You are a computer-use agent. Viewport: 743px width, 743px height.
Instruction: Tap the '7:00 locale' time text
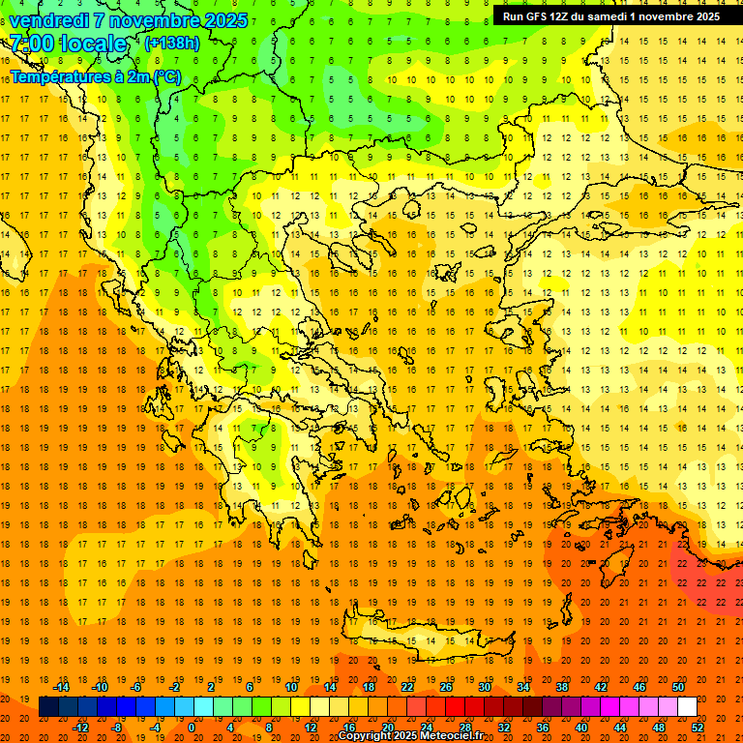(68, 44)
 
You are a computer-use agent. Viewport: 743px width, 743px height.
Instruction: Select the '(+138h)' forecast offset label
(171, 43)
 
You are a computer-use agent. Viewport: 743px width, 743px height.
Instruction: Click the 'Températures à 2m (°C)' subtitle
(96, 76)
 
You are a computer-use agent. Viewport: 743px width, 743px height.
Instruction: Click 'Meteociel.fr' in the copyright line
(451, 736)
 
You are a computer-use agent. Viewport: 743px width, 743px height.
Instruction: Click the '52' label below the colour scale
(698, 728)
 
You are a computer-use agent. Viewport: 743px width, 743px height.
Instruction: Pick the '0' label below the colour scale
(192, 728)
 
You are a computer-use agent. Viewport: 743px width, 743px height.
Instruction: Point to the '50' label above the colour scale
(677, 687)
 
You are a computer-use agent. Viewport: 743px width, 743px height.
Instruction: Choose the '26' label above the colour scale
(446, 687)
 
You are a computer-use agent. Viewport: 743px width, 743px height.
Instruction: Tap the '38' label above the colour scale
(562, 687)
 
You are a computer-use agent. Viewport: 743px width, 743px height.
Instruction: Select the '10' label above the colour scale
(290, 687)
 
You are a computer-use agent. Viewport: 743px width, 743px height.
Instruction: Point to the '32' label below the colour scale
(503, 728)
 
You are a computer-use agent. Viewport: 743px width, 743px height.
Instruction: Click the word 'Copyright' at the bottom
(365, 736)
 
